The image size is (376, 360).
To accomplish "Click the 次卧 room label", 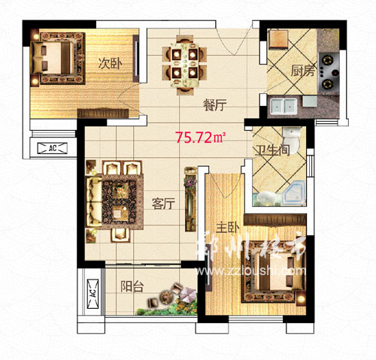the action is pos(110,64).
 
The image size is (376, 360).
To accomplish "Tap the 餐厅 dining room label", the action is pos(215,105).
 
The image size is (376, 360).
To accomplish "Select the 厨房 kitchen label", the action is pos(302,71).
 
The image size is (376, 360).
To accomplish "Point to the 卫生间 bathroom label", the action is pos(272,150).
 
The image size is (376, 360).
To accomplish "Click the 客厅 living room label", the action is pos(163,204).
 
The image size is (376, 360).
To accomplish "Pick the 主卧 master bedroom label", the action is pos(228,228).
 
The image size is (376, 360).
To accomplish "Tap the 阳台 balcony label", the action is pos(132,286).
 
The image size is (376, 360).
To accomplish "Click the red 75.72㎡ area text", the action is pos(200,138).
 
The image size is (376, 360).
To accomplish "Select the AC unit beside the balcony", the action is pos(92,294).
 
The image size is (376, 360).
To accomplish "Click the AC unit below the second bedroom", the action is pos(53,148).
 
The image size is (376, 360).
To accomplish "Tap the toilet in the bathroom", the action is pos(292,140).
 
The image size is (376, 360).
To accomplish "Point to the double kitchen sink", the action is pos(284,107).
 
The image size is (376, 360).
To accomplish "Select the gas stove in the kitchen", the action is pos(329,72).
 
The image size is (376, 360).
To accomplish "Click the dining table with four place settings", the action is pos(185,65).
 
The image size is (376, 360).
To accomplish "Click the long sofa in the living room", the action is pos(94,201).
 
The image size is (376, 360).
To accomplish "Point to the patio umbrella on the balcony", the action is pos(188,294).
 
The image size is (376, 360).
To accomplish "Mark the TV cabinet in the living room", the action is pos(190,199).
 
